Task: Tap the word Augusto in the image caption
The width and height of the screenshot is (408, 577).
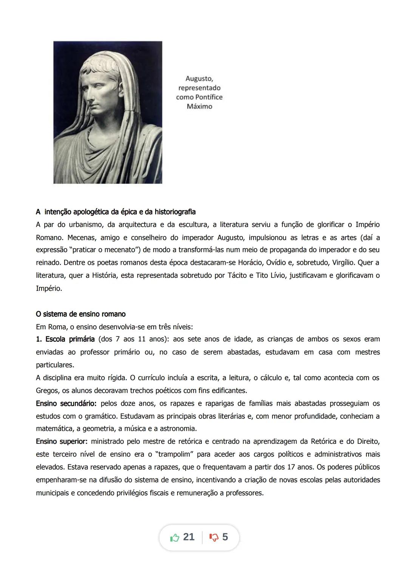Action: pyautogui.click(x=199, y=79)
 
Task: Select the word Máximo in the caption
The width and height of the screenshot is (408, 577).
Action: pyautogui.click(x=199, y=106)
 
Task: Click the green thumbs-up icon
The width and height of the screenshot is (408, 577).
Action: pyautogui.click(x=175, y=537)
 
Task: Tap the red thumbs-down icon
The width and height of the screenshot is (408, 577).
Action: pyautogui.click(x=214, y=537)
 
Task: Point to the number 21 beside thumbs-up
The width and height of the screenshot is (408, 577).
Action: pyautogui.click(x=189, y=537)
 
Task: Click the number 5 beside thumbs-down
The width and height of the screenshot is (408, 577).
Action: pyautogui.click(x=225, y=537)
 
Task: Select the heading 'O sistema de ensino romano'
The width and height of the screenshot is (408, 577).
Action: pyautogui.click(x=80, y=314)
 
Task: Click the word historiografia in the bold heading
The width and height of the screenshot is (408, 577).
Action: pyautogui.click(x=174, y=212)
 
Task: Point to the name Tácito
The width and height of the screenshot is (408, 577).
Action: pyautogui.click(x=237, y=275)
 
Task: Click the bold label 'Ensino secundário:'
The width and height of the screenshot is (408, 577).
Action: pyautogui.click(x=66, y=404)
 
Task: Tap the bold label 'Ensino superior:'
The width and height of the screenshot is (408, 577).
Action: pyautogui.click(x=62, y=441)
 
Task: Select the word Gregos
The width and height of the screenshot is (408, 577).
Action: pyautogui.click(x=47, y=390)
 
